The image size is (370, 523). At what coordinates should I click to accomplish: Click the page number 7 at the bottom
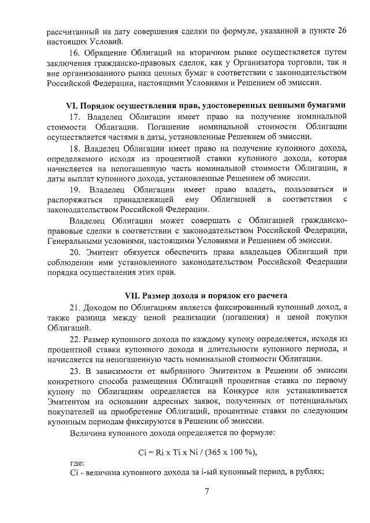(206, 492)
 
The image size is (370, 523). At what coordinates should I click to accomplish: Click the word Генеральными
(78, 240)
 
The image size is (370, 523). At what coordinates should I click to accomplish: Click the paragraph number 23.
(75, 370)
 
